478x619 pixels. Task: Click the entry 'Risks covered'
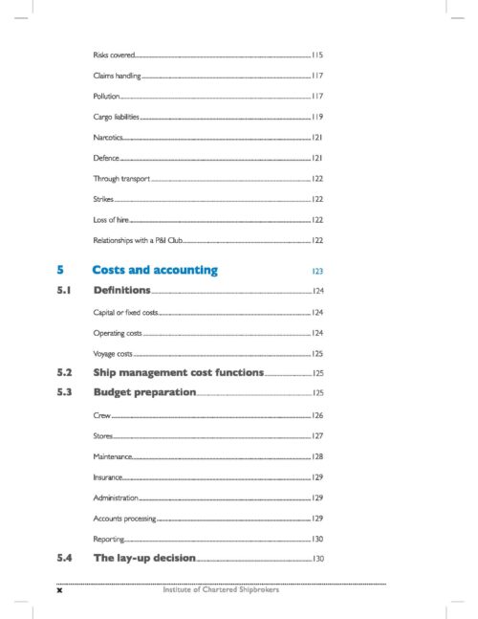pyautogui.click(x=114, y=55)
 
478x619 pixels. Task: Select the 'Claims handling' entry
pyautogui.click(x=116, y=76)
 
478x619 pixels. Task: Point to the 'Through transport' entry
pyautogui.click(x=121, y=179)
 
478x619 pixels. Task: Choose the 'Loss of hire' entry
pyautogui.click(x=111, y=219)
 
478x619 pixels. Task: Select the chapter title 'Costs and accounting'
pyautogui.click(x=155, y=270)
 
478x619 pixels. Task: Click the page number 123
pyautogui.click(x=317, y=272)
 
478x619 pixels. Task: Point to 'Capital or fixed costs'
pyautogui.click(x=125, y=313)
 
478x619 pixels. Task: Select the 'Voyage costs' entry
pyautogui.click(x=113, y=354)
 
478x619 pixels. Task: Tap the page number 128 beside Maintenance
pyautogui.click(x=317, y=456)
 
